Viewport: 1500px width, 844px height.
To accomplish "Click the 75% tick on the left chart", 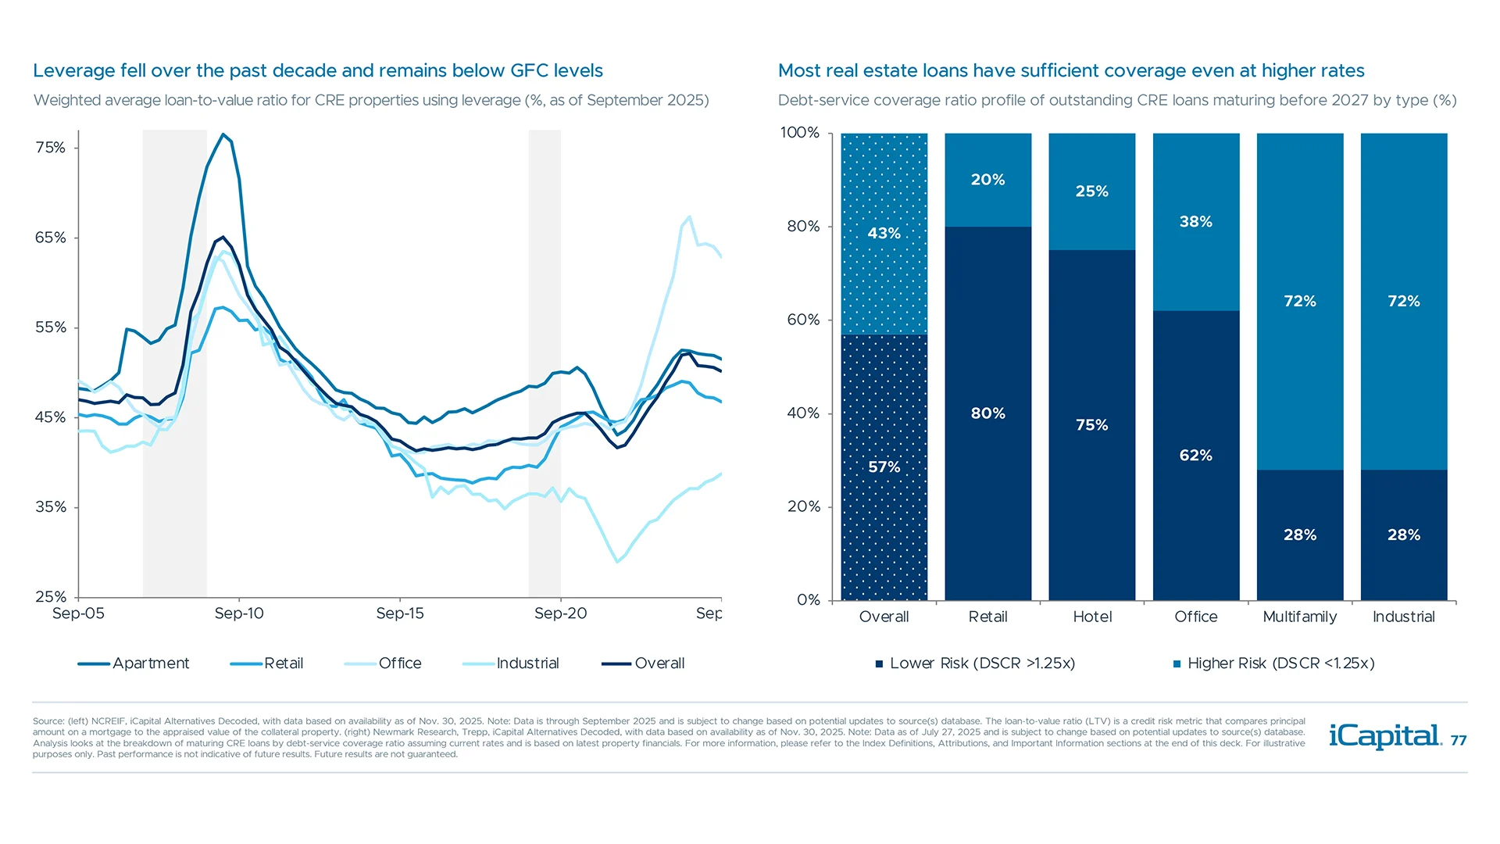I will tap(50, 148).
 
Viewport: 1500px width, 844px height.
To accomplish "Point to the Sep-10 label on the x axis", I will tap(239, 613).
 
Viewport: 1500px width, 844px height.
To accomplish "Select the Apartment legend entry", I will tap(150, 663).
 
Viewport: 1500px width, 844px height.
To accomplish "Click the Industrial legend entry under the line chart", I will tap(527, 663).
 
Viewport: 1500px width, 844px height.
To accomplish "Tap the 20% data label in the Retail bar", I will tap(987, 180).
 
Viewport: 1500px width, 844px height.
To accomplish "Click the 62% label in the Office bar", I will tap(1195, 456).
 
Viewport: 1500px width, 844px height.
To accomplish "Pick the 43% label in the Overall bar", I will tap(884, 234).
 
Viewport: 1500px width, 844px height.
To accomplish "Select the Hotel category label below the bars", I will tap(1092, 617).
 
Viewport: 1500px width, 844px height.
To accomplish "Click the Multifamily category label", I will tap(1299, 617).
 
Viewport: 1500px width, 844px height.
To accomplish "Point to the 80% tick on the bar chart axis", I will tap(803, 227).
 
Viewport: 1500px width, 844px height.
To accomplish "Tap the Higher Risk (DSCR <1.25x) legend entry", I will tap(1280, 663).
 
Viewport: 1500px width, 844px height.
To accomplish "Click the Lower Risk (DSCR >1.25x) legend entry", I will tap(981, 663).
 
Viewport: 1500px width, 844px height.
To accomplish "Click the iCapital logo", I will tap(1384, 736).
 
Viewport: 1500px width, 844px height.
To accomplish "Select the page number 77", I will tap(1459, 741).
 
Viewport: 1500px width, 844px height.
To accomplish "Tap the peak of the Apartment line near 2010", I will tap(223, 134).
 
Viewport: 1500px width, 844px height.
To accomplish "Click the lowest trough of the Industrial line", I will tap(617, 561).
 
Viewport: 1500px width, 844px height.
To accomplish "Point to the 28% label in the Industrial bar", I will tap(1403, 535).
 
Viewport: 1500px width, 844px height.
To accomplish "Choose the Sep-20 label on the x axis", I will tap(560, 613).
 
